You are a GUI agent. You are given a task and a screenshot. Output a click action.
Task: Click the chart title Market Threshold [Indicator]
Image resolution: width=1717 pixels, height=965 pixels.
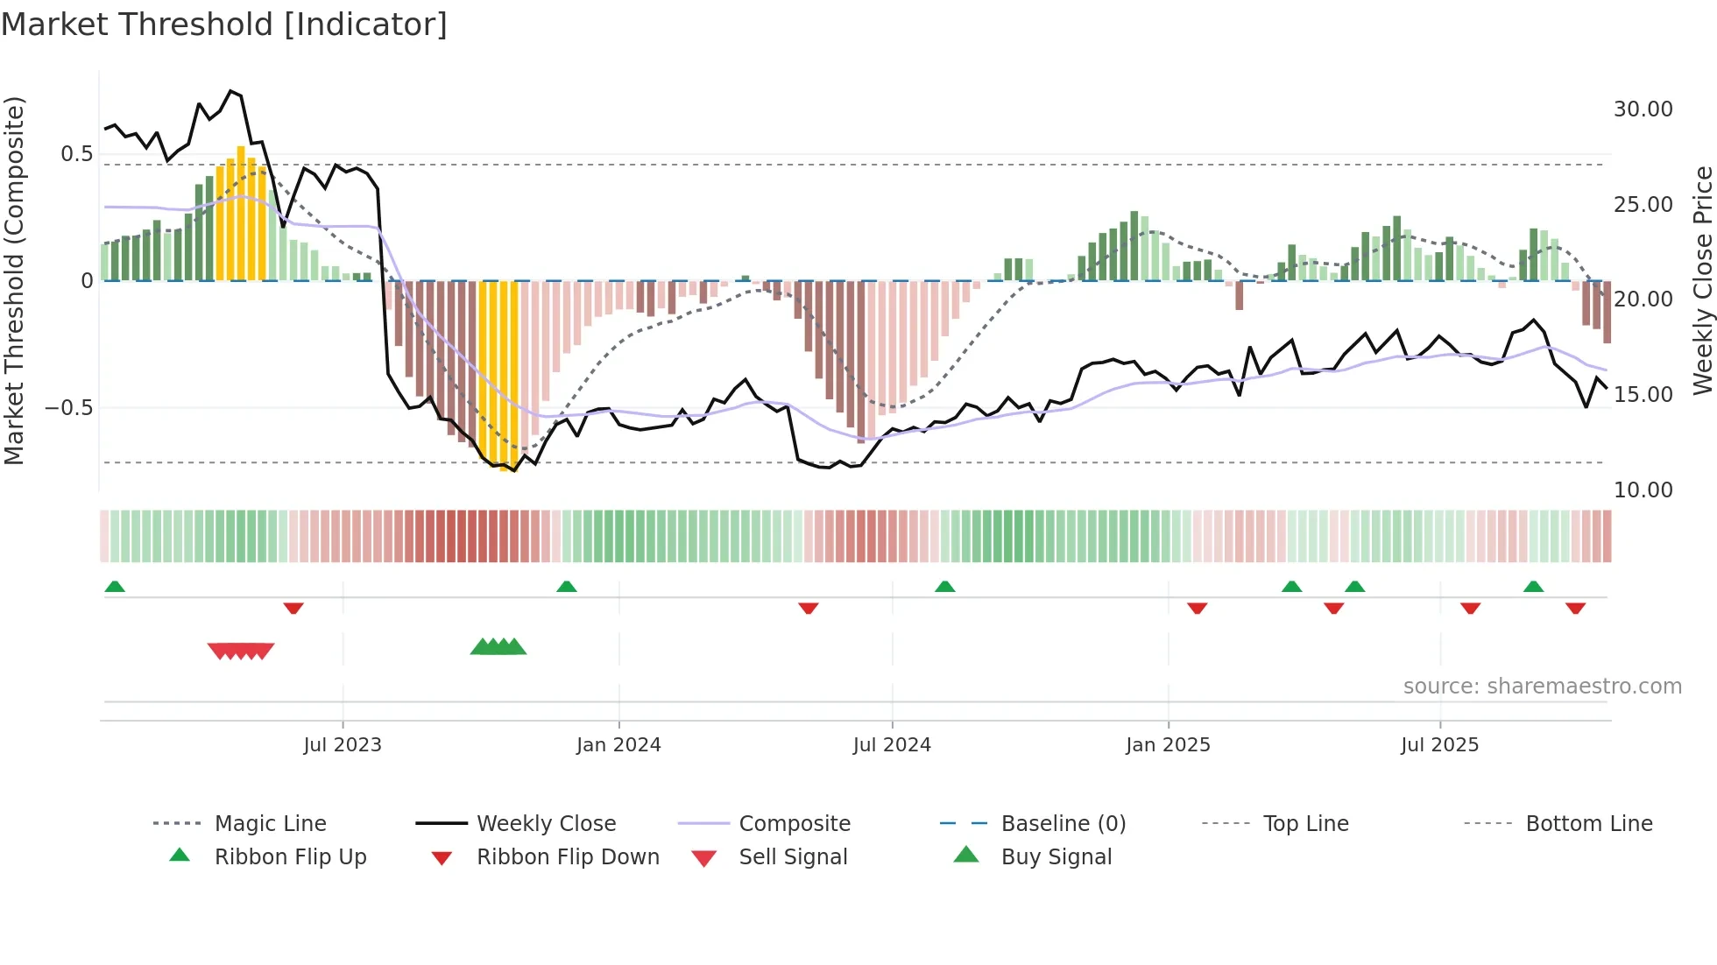[224, 25]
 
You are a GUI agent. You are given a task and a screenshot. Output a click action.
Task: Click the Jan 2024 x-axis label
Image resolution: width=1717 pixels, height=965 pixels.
[618, 745]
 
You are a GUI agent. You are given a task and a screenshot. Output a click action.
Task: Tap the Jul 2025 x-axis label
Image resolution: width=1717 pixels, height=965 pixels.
[1439, 745]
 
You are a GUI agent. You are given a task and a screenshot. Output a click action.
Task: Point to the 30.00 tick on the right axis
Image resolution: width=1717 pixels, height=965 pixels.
[1643, 109]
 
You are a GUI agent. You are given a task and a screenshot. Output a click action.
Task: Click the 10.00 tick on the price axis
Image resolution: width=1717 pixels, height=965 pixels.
[1643, 490]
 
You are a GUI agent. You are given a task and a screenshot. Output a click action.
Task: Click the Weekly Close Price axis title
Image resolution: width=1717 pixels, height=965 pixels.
[1702, 280]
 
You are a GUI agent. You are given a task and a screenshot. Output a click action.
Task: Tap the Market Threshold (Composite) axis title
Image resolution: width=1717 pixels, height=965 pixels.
[14, 280]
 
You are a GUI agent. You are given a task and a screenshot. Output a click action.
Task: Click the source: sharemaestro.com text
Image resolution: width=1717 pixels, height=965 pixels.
[1542, 687]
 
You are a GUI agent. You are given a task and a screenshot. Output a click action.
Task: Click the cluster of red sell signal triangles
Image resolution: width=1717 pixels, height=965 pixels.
[241, 651]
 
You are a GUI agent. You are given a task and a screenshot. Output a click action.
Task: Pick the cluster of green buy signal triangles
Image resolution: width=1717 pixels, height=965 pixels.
[498, 647]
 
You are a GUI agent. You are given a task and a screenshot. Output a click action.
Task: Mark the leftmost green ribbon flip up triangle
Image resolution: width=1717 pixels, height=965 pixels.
[115, 587]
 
